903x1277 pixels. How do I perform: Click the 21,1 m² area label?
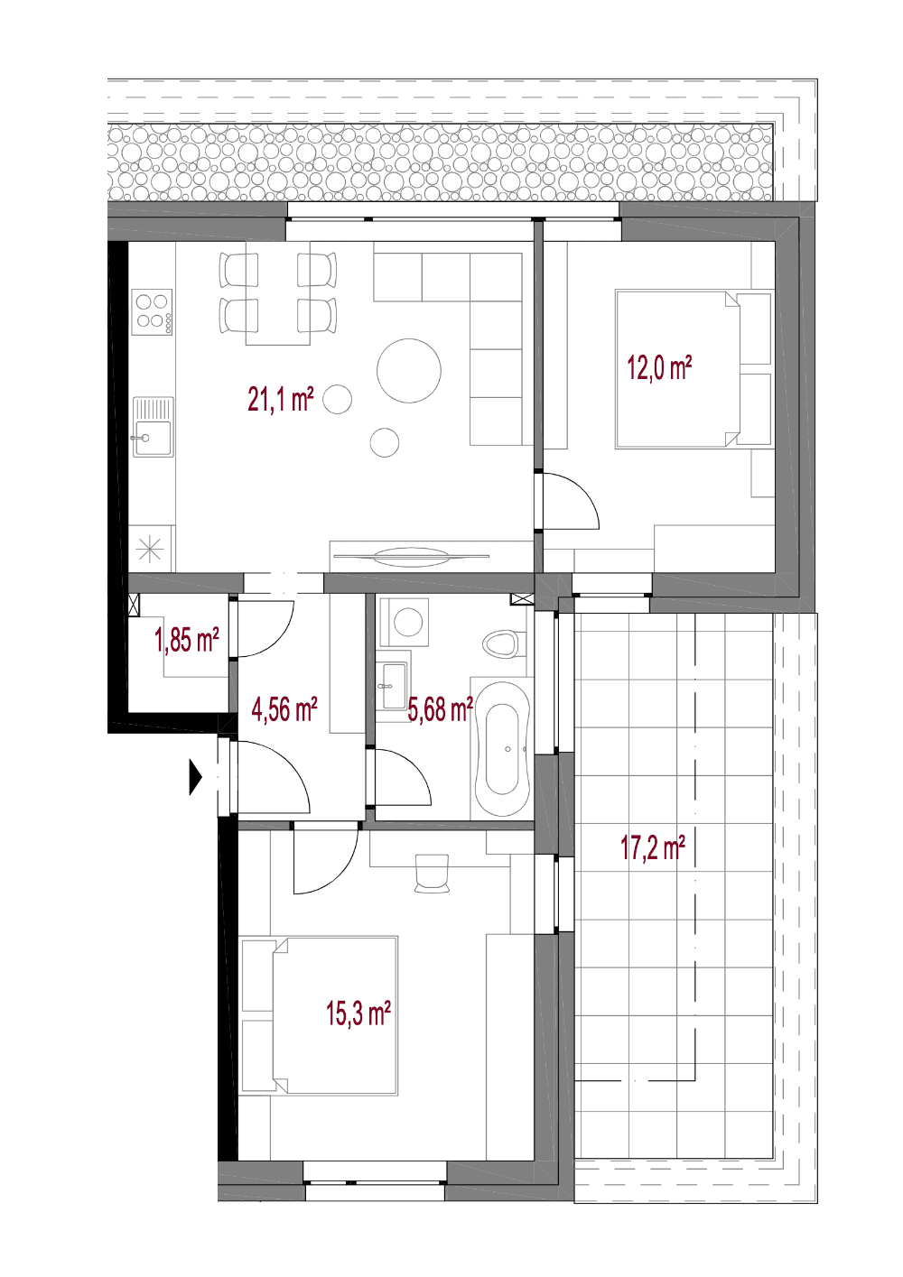click(281, 399)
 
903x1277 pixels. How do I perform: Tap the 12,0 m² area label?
click(659, 367)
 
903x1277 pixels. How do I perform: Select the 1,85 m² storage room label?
click(187, 640)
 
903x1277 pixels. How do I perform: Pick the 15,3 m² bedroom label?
click(358, 1014)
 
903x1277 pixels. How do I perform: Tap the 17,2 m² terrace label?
click(653, 847)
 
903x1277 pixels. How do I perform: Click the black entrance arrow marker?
click(196, 777)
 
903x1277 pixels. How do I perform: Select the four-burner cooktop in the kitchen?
click(152, 312)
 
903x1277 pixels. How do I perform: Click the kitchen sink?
click(153, 427)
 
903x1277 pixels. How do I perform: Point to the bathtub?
click(503, 748)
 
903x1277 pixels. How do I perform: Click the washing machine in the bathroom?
click(405, 622)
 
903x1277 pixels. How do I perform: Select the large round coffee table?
click(408, 371)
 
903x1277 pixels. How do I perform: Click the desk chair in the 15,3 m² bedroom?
click(432, 873)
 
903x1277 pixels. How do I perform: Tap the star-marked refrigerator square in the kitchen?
click(150, 550)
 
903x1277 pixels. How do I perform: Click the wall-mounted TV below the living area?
click(411, 556)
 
